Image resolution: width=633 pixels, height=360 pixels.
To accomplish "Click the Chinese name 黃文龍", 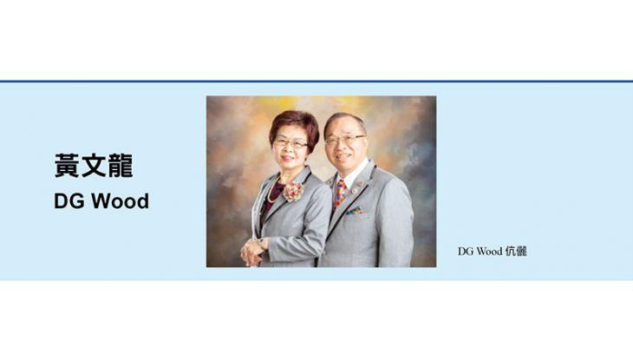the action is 94,166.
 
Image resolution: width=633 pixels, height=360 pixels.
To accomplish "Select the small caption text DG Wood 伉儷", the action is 493,252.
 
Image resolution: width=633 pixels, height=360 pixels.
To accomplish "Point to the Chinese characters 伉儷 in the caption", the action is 516,252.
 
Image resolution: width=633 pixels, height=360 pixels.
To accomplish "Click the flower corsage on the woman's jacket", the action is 293,191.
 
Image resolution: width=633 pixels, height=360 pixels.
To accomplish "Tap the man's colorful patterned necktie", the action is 340,193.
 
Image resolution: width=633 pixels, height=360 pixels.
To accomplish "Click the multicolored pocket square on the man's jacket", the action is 355,211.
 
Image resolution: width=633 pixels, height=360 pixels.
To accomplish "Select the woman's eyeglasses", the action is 290,143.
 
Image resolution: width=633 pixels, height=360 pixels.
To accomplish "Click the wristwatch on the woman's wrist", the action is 261,243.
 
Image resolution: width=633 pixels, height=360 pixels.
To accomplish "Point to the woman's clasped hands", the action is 252,253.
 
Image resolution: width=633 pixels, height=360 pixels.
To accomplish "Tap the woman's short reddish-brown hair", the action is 294,126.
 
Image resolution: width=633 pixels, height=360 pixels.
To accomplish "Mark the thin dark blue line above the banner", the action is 316,82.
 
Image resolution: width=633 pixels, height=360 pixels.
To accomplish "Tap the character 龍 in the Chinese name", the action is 121,166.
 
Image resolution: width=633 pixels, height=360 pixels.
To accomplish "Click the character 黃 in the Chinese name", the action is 67,166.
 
